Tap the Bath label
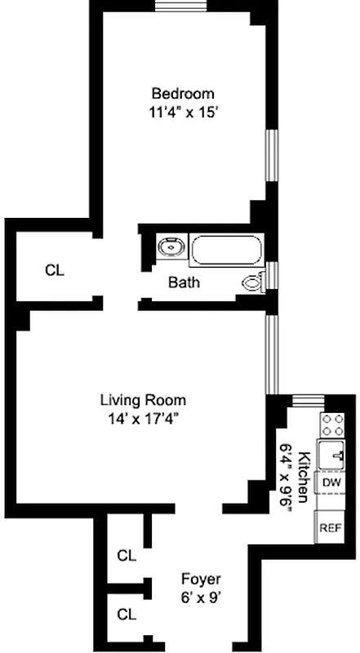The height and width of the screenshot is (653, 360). pos(184,283)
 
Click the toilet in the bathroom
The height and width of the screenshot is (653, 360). pos(254,282)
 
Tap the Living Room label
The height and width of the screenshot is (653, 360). pos(143,400)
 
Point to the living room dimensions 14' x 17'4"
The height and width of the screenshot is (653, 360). pos(143,418)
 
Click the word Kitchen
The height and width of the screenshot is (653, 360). pos(304,477)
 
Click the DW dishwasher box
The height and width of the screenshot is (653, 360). pos(331,482)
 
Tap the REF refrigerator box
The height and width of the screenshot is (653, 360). pos(330,527)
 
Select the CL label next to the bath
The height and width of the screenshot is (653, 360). pos(55,269)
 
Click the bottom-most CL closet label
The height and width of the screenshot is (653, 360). pos(126,613)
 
